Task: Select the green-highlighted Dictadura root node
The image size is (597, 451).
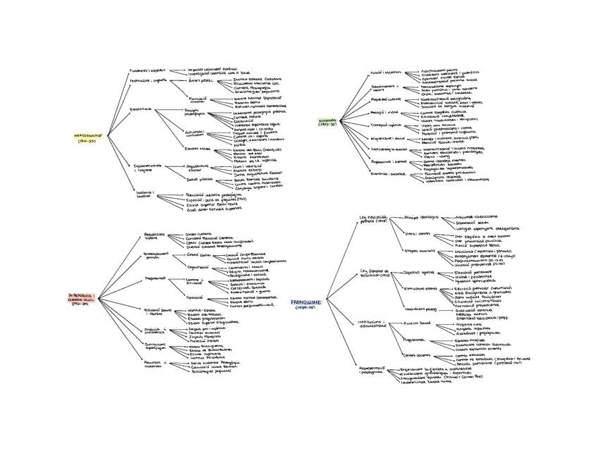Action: (x=328, y=123)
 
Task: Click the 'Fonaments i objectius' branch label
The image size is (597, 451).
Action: (x=147, y=70)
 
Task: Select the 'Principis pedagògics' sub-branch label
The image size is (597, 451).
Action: (x=196, y=112)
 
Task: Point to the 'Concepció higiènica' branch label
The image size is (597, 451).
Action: (x=386, y=125)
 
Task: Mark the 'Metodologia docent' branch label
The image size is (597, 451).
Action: (x=389, y=149)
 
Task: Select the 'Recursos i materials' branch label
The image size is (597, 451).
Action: (x=153, y=364)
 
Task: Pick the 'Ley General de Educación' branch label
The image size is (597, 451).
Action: (x=375, y=273)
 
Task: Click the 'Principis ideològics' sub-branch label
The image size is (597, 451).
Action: (x=421, y=218)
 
